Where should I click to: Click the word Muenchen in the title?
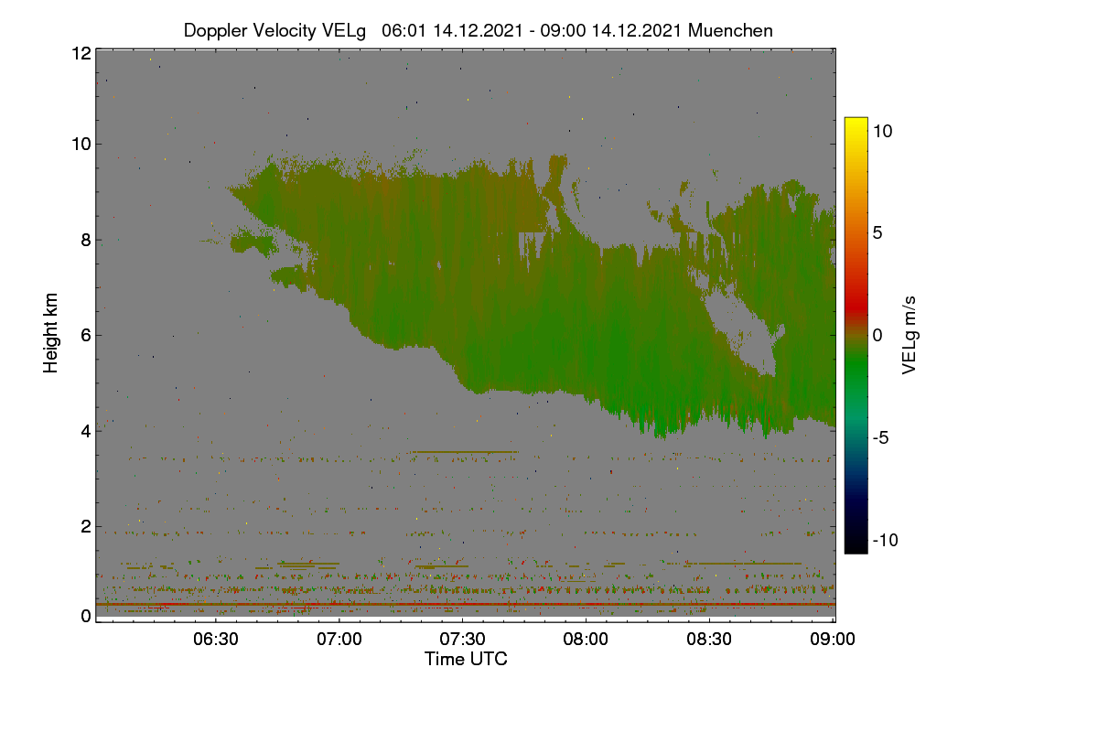click(730, 30)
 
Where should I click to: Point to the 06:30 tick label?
click(216, 639)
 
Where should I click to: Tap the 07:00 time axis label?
click(339, 639)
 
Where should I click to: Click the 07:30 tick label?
click(462, 639)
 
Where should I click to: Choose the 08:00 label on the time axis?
click(586, 639)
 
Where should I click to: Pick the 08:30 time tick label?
click(709, 639)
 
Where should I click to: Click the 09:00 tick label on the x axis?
click(833, 639)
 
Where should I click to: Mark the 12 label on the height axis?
click(81, 53)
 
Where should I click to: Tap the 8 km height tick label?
click(86, 240)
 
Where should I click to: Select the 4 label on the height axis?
click(86, 432)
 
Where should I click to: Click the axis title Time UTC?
click(466, 659)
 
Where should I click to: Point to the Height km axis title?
click(50, 333)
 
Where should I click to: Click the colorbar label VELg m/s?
click(909, 336)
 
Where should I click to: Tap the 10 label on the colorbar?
click(882, 132)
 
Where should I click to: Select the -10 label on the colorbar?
click(886, 540)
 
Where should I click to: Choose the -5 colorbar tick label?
click(880, 437)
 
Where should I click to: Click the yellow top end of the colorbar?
click(856, 120)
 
